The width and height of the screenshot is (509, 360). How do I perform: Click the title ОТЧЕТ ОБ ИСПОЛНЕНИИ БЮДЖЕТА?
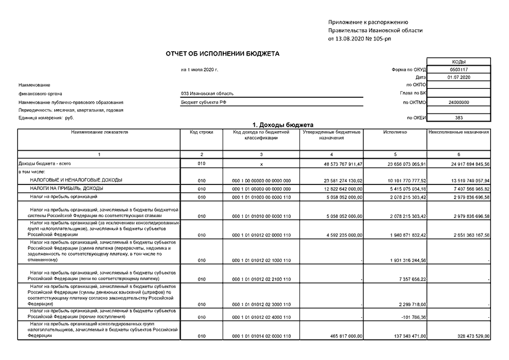tap(222, 54)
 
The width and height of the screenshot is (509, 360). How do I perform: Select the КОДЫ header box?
tap(458, 61)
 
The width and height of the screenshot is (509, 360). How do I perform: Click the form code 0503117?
tap(458, 69)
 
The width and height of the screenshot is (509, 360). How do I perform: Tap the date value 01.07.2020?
tap(458, 76)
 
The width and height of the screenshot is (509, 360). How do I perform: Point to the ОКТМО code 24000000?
tap(458, 102)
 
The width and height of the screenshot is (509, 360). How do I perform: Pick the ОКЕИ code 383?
tap(458, 118)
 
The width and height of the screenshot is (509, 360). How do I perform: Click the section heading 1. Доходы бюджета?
tap(282, 124)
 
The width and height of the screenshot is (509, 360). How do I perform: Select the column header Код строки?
tap(201, 132)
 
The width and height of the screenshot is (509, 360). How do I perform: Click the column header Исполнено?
tap(395, 132)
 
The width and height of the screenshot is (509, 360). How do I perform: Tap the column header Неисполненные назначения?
tap(459, 132)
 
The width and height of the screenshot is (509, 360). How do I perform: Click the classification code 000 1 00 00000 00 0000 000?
tap(261, 180)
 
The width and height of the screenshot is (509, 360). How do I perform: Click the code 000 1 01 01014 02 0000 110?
tap(261, 336)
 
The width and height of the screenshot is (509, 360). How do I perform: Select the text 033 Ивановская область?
tap(207, 93)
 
